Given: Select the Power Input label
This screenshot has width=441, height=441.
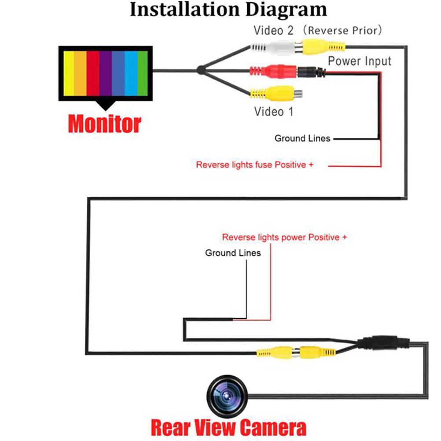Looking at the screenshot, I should tap(360, 61).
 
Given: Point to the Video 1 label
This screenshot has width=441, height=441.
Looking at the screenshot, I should tap(273, 112).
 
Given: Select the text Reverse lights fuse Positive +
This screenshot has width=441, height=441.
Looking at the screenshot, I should tap(255, 165).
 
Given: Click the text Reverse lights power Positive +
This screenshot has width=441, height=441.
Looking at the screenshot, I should tap(284, 237).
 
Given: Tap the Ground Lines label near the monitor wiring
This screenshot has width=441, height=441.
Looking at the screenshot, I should tap(302, 139).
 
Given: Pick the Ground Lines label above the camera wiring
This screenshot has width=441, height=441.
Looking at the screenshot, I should tap(233, 253).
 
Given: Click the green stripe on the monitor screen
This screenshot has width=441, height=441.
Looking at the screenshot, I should tap(142, 73).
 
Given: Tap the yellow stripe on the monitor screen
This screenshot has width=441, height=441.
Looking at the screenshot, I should tap(69, 73).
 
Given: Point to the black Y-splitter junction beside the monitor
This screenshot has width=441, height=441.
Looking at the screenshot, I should tap(201, 70).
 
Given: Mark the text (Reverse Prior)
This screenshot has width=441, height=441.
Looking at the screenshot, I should tap(344, 31).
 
